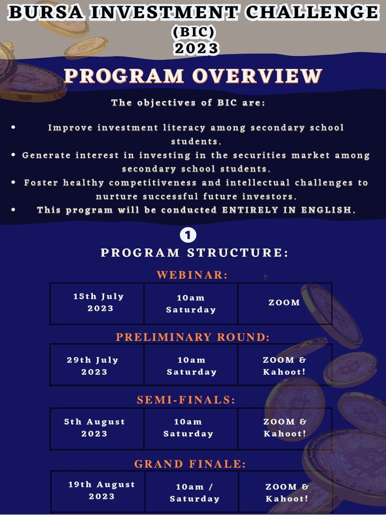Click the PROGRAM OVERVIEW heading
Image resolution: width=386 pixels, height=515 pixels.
(193, 76)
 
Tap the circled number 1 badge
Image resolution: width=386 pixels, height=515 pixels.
(188, 235)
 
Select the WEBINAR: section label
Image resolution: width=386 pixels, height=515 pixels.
(192, 275)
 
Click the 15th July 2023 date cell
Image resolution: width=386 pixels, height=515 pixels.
(99, 302)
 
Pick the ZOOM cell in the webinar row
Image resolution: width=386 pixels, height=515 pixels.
(284, 303)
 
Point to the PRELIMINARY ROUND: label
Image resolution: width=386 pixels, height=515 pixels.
(193, 337)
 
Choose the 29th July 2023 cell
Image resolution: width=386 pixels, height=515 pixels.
(93, 366)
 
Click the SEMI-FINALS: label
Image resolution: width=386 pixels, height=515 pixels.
(186, 400)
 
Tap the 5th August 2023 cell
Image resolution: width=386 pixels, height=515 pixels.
(94, 427)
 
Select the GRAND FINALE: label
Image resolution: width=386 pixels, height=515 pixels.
(190, 464)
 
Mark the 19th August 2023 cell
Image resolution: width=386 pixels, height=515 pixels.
(102, 490)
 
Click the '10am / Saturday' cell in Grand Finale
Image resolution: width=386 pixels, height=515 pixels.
(195, 493)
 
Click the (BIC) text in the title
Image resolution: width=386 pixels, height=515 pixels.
(194, 32)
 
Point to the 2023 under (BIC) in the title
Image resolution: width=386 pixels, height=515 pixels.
(197, 48)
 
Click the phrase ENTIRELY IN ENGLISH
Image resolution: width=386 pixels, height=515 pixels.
(288, 210)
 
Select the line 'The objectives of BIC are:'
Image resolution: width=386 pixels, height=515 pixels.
(188, 103)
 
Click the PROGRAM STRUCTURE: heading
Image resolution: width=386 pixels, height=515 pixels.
(195, 252)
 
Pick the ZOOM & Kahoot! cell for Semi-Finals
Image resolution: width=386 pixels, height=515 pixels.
(285, 427)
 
